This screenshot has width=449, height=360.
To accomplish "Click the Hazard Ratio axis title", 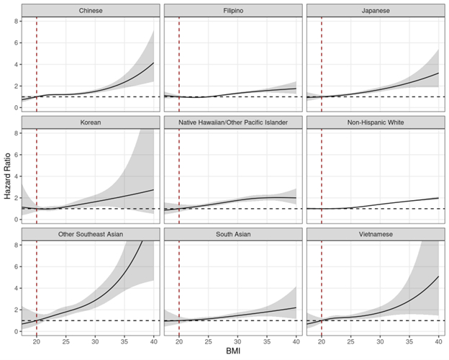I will (6, 176).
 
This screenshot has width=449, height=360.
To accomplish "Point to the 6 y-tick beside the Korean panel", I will (15, 154).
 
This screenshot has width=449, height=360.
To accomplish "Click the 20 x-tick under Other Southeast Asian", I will (37, 341).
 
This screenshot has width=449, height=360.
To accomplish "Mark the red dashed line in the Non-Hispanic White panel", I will (322, 173).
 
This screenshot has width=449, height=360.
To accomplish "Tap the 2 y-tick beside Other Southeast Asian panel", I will (15, 310).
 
